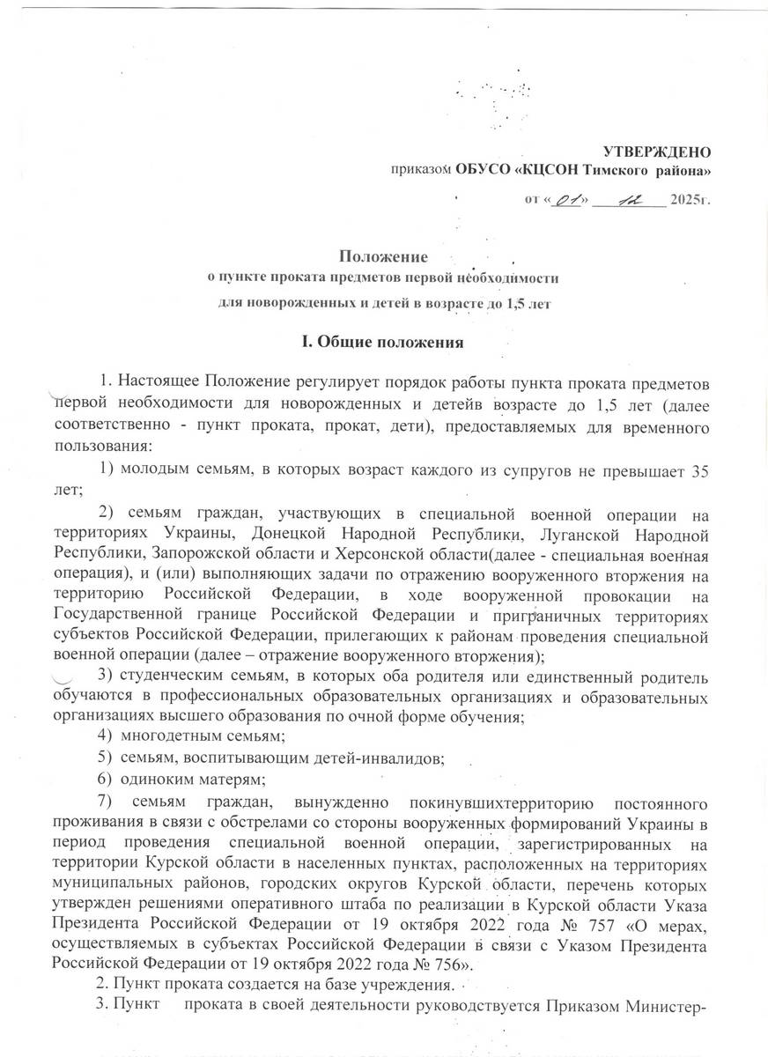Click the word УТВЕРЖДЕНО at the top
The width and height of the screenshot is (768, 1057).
point(655,152)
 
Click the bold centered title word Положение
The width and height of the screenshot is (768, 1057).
point(383,257)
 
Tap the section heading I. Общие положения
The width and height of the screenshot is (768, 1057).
point(383,339)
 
